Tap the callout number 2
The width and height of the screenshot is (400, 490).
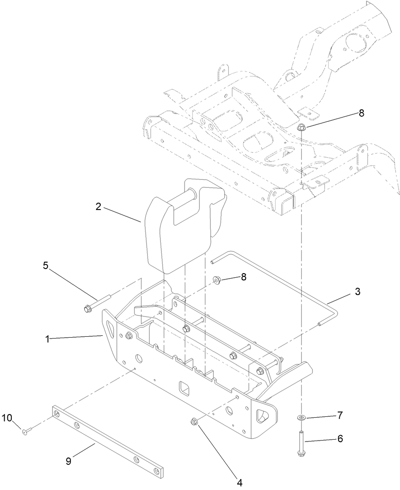pyautogui.click(x=98, y=206)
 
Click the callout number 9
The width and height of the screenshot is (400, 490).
pyautogui.click(x=69, y=462)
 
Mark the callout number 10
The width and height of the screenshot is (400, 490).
pyautogui.click(x=7, y=417)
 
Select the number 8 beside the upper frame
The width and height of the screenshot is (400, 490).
pyautogui.click(x=362, y=113)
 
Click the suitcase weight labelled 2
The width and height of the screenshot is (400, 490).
pyautogui.click(x=178, y=229)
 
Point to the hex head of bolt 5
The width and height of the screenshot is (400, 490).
pyautogui.click(x=87, y=309)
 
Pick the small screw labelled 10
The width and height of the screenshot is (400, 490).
pyautogui.click(x=26, y=430)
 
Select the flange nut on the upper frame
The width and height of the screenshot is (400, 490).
pyautogui.click(x=302, y=128)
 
